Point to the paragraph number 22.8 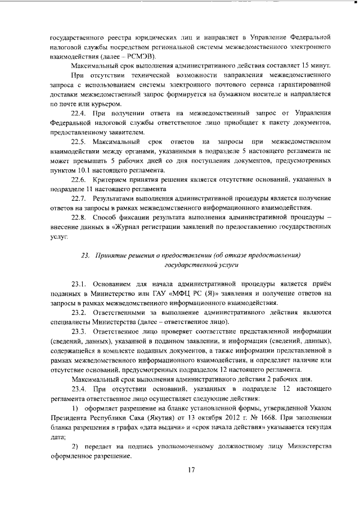[81, 217]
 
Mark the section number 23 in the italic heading [85, 255]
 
